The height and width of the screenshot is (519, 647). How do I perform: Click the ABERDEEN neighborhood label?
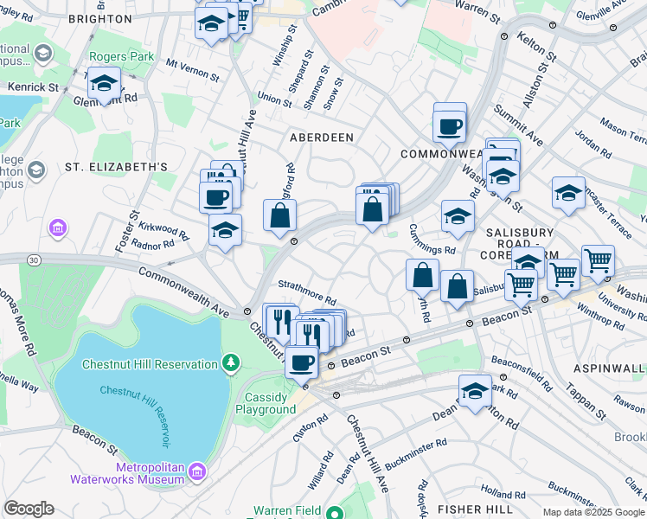(x=321, y=138)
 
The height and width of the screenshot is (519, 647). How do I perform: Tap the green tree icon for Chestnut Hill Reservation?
(x=231, y=361)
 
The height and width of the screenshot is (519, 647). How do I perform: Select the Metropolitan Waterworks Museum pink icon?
(x=198, y=471)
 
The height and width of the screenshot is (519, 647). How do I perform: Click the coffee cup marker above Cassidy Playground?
(x=301, y=362)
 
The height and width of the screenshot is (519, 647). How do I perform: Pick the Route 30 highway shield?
(x=34, y=259)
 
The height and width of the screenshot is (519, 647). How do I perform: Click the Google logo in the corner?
(x=29, y=509)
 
